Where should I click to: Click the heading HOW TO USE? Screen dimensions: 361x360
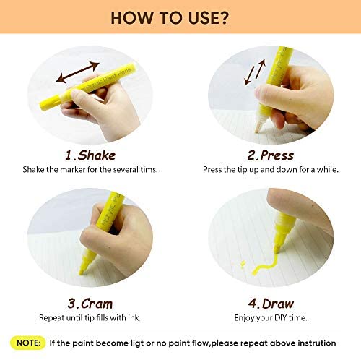[x=170, y=17]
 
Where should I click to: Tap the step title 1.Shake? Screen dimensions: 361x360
[x=90, y=155]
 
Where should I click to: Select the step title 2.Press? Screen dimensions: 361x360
[x=271, y=155]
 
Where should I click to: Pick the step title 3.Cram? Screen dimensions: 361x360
[x=90, y=304]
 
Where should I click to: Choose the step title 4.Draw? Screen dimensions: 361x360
[x=271, y=304]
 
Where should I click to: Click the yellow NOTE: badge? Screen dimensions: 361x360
[x=28, y=343]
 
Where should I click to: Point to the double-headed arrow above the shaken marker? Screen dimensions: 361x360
[x=78, y=72]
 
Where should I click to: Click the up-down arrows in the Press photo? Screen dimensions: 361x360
[x=255, y=72]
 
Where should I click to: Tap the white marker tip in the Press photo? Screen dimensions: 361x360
[x=258, y=125]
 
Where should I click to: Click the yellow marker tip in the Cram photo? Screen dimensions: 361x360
[x=82, y=270]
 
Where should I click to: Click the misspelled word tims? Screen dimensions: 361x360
[x=149, y=170]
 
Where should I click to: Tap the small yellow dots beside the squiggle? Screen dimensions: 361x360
[x=243, y=264]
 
